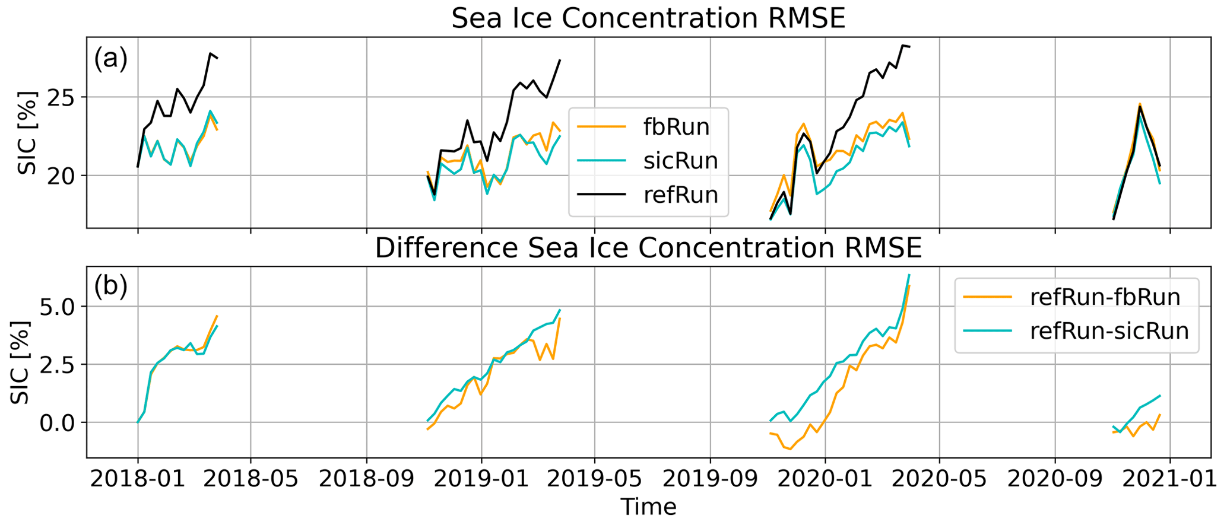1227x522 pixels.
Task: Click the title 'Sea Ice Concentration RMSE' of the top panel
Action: pos(648,19)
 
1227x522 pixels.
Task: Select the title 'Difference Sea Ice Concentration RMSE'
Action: pos(648,249)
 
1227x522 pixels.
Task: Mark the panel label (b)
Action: pos(111,287)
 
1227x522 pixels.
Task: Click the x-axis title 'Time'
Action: pos(648,507)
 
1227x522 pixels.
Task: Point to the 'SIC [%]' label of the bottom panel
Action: pos(21,362)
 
